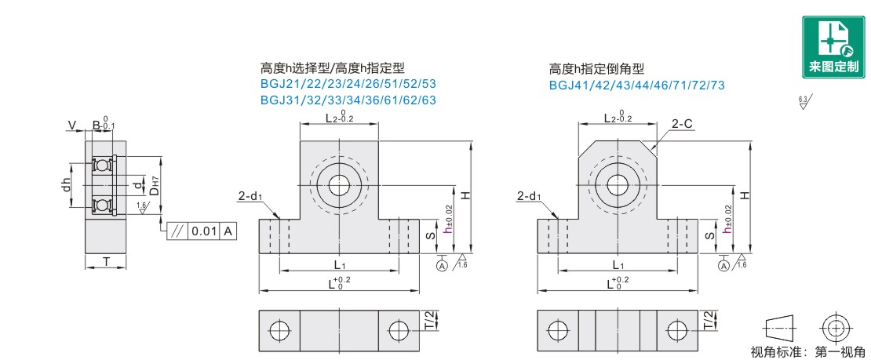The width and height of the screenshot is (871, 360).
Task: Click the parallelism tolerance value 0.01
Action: pos(205,232)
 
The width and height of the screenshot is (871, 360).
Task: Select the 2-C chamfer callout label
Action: pos(682,123)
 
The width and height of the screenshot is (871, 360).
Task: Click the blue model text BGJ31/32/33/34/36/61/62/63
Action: pos(348,100)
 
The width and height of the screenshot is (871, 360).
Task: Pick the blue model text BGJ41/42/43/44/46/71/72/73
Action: pos(636,85)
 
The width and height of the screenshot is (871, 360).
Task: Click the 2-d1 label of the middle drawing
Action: pos(250,198)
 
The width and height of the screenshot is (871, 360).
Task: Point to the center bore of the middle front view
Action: pos(339,185)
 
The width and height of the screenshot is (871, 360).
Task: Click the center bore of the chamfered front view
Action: pos(618,185)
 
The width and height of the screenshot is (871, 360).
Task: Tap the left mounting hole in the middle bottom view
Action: pos(279,330)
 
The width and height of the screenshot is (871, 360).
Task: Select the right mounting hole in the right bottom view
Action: pos(677,330)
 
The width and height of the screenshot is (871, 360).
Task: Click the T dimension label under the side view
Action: pos(105,261)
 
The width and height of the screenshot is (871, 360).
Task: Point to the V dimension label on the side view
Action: pos(72,125)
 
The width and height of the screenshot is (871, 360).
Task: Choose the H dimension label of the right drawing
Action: pos(743,195)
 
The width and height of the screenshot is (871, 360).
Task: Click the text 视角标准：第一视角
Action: pos(808,351)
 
